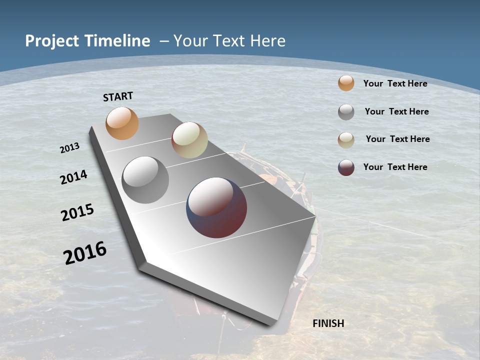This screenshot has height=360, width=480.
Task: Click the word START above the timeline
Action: pyautogui.click(x=118, y=96)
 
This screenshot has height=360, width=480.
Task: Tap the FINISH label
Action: pyautogui.click(x=328, y=323)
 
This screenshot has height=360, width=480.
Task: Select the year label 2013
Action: pyautogui.click(x=69, y=147)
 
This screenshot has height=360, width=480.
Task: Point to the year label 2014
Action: pyautogui.click(x=73, y=177)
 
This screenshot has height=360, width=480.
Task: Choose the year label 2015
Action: pyautogui.click(x=77, y=212)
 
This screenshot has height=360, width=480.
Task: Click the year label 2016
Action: pyautogui.click(x=85, y=252)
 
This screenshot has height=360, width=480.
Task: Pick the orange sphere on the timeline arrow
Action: pyautogui.click(x=122, y=123)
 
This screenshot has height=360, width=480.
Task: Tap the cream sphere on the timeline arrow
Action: pyautogui.click(x=189, y=140)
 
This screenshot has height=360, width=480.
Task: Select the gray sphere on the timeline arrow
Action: pyautogui.click(x=145, y=180)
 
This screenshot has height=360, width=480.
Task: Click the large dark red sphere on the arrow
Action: pyautogui.click(x=216, y=207)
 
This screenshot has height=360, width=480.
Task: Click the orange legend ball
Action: pyautogui.click(x=346, y=83)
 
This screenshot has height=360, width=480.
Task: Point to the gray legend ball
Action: pyautogui.click(x=346, y=112)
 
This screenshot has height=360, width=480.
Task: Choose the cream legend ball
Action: pyautogui.click(x=346, y=140)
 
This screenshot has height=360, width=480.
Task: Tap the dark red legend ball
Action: pyautogui.click(x=346, y=167)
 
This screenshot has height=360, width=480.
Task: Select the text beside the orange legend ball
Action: pyautogui.click(x=395, y=83)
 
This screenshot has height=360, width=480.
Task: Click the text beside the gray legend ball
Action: pyautogui.click(x=396, y=111)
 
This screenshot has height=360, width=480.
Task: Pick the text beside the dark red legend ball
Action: pyautogui.click(x=395, y=167)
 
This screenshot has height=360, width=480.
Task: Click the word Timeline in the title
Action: pyautogui.click(x=117, y=41)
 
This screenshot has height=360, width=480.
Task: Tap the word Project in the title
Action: pyautogui.click(x=51, y=41)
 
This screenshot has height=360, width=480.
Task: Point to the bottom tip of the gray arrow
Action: pyautogui.click(x=270, y=325)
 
